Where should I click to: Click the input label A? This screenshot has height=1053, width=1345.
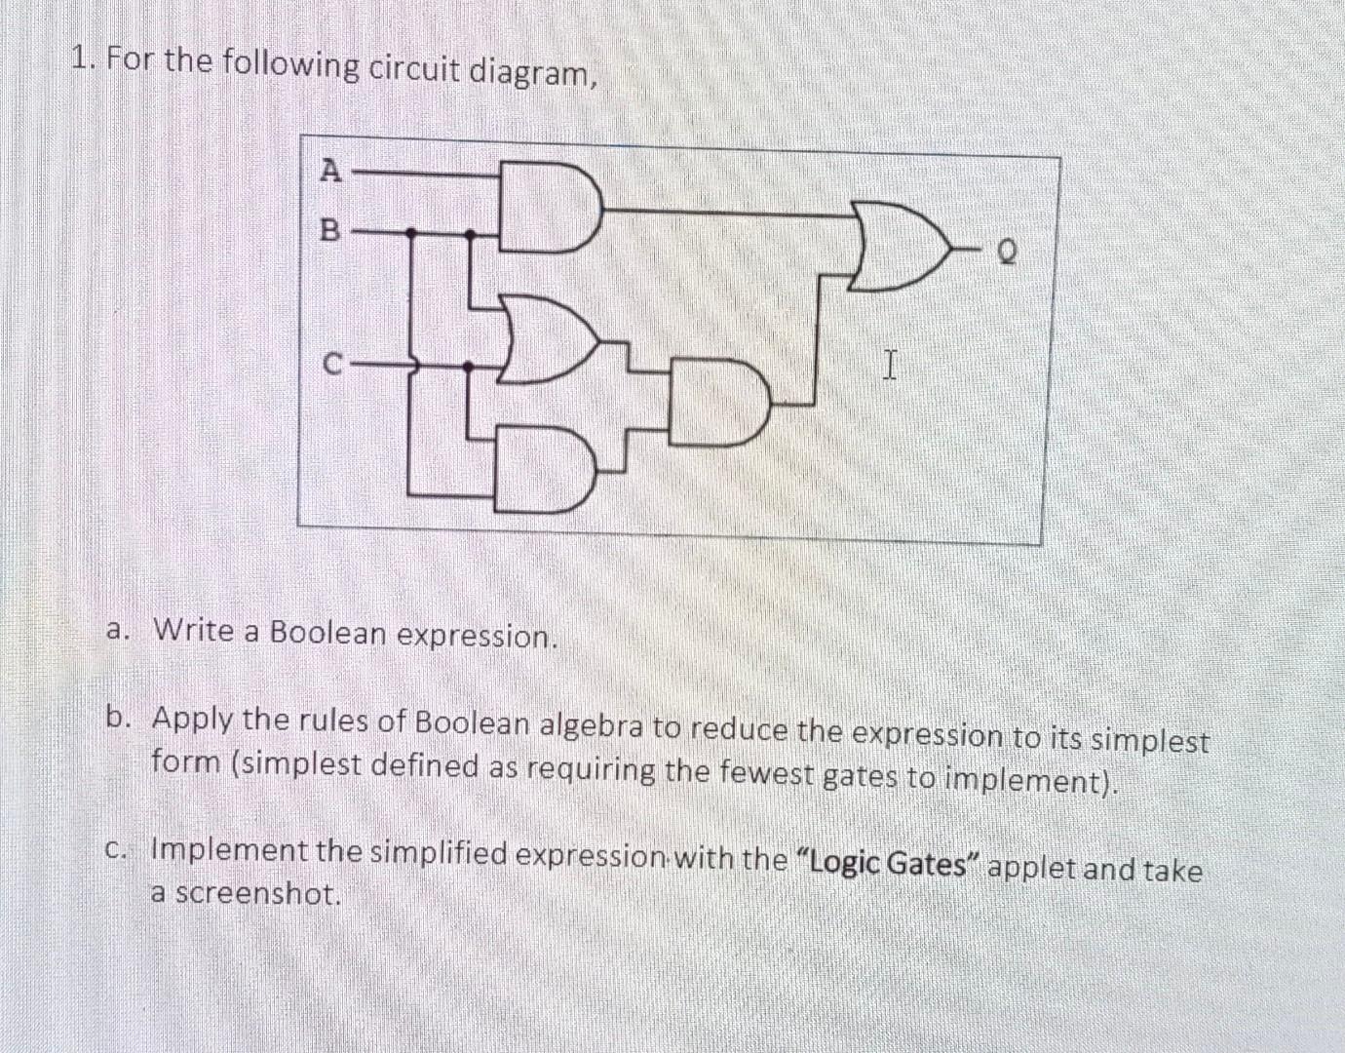[x=331, y=171]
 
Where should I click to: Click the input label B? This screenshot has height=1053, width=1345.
[x=330, y=231]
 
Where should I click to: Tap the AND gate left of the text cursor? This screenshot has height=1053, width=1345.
[x=721, y=403]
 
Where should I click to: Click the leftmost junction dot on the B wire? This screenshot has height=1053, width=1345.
[x=410, y=233]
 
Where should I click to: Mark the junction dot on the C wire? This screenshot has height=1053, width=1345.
[x=468, y=367]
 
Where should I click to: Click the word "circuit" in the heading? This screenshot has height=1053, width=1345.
[x=413, y=68]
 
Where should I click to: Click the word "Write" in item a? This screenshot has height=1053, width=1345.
[x=193, y=630]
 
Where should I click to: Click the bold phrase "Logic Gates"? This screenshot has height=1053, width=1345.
[x=887, y=864]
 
